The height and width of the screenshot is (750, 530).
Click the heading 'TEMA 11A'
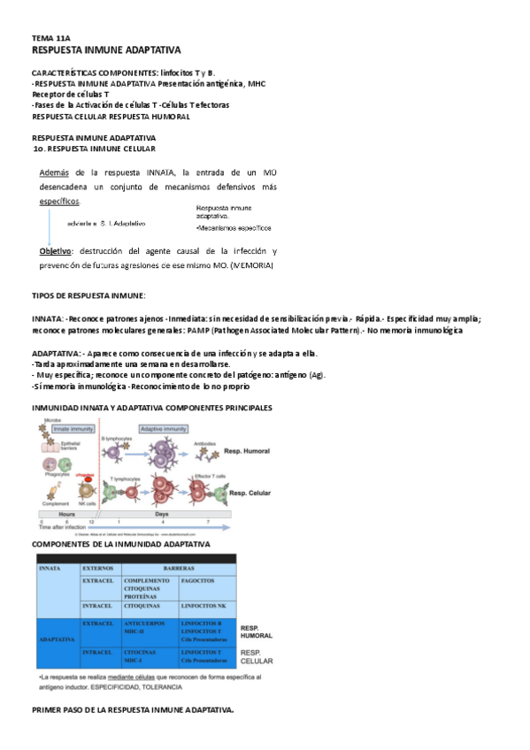point(50,40)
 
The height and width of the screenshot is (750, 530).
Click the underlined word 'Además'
point(55,172)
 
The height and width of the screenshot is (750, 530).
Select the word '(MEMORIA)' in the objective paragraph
point(252,265)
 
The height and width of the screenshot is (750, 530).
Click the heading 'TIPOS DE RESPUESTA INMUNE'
point(88,295)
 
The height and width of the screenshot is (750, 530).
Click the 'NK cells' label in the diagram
point(86,503)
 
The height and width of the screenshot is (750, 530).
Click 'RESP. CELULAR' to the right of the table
point(257,656)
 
